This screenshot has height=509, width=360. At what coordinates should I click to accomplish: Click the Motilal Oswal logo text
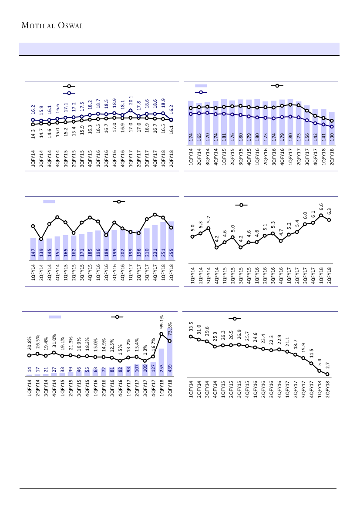[52, 26]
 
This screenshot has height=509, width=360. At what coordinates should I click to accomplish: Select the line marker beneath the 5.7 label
[209, 228]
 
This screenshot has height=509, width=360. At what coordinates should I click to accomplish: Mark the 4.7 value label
[281, 233]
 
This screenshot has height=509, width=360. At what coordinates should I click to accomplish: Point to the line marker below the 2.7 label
[327, 374]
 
